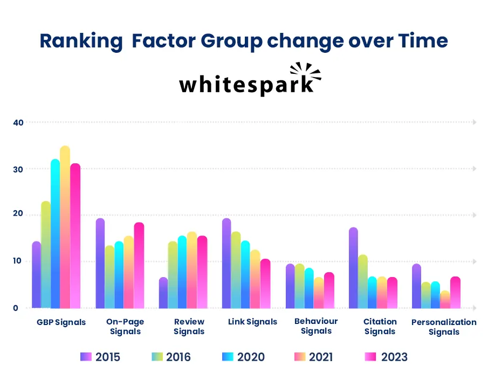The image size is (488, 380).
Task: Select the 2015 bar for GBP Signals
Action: tap(36, 275)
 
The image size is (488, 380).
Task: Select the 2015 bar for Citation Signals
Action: tap(353, 268)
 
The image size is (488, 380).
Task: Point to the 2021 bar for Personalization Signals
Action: tap(445, 300)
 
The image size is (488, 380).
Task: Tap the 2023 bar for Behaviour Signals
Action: tap(329, 291)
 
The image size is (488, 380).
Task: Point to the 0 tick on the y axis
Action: tap(15, 308)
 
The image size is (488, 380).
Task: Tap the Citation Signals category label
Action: tap(380, 327)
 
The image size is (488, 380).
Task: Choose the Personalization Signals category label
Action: tap(444, 327)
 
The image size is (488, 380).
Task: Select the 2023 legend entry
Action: tap(386, 357)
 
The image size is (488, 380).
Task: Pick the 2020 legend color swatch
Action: tap(228, 357)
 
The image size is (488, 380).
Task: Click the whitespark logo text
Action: tap(245, 85)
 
